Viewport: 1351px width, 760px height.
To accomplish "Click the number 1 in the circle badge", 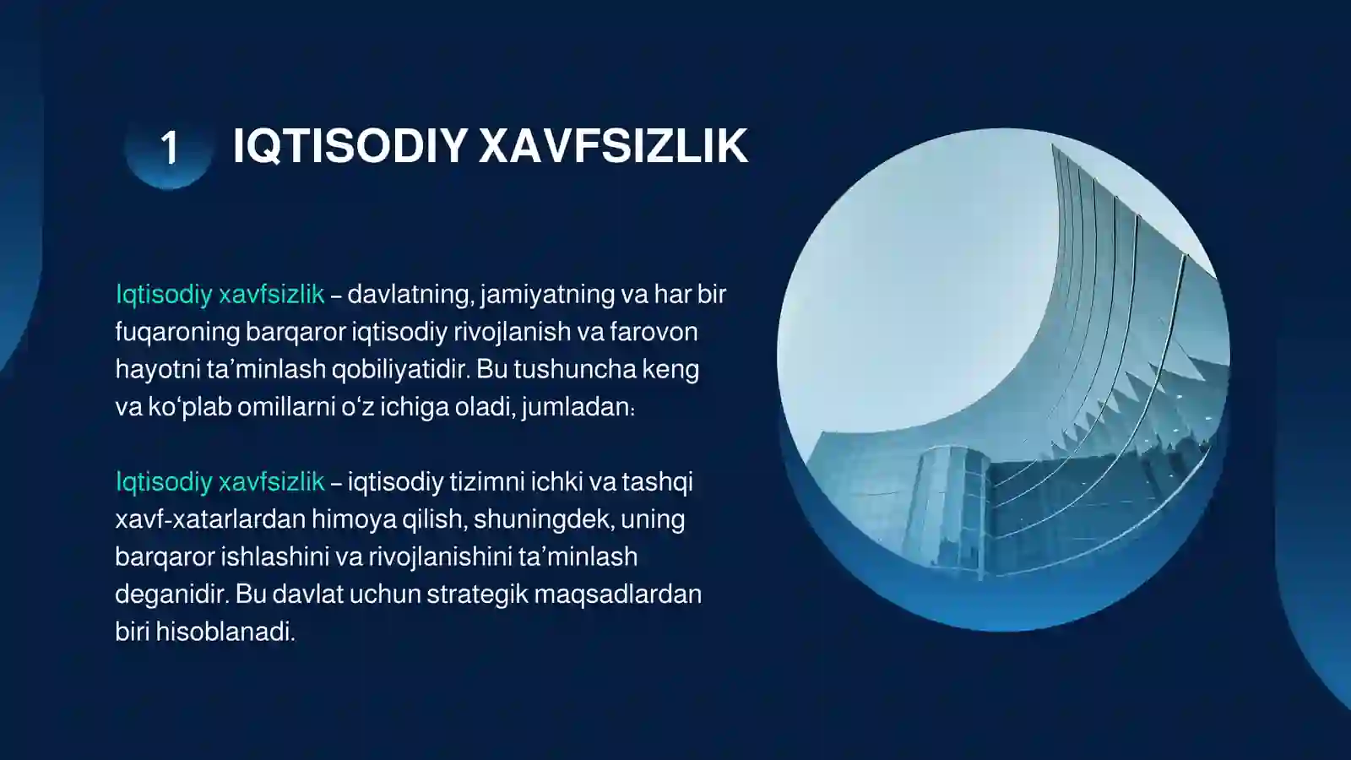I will point(170,149).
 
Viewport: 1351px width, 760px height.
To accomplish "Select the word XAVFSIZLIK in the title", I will point(613,146).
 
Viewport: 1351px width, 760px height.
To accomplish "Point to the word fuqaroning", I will point(177,332).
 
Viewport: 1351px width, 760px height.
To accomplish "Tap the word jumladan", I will point(578,407).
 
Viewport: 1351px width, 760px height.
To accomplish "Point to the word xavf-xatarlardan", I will point(210,518).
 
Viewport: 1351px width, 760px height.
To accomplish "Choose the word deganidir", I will point(171,594).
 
